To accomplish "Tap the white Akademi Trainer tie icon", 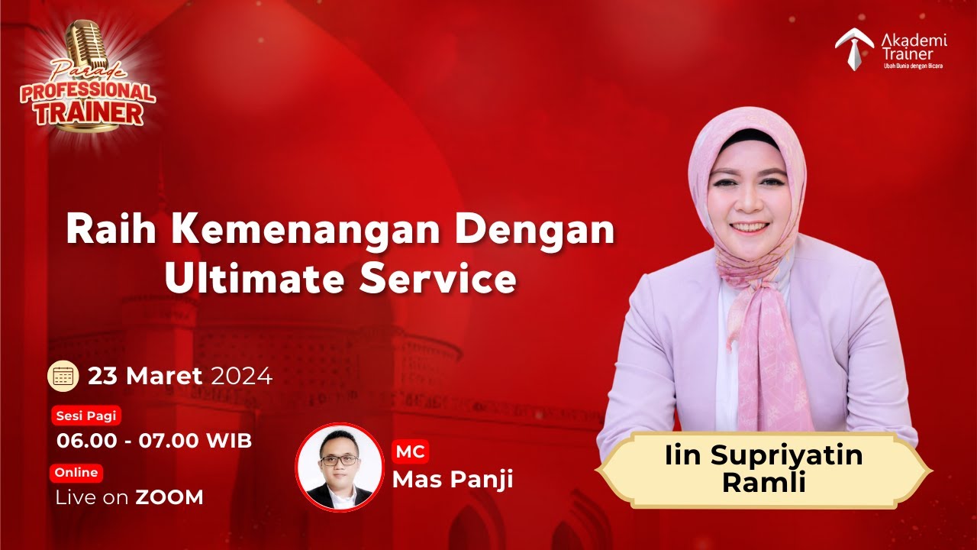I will [855, 47].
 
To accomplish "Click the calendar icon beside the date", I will [63, 376].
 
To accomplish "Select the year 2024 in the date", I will [241, 376].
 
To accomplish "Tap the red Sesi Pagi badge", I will [86, 416].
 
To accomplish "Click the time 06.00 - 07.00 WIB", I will [153, 441].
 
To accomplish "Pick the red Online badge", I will [76, 473].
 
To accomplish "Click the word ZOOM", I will [169, 497].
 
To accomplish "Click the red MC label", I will [410, 451].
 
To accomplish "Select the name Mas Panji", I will [453, 479].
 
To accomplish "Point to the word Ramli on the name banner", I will [764, 483].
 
